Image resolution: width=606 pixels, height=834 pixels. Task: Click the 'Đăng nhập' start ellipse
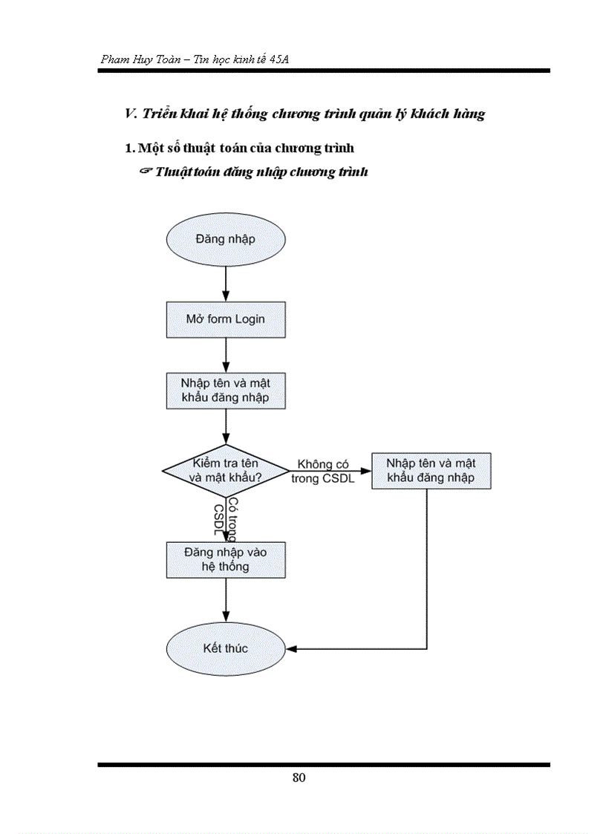tap(225, 239)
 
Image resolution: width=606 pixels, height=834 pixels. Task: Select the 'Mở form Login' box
tap(225, 319)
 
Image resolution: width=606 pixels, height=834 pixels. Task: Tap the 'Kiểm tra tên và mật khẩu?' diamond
tap(225, 470)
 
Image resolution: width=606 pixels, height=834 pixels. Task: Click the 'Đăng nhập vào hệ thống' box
tap(225, 559)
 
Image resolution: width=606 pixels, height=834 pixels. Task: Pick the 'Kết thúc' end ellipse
tap(225, 648)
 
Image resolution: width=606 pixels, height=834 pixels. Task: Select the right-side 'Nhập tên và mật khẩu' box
tap(431, 470)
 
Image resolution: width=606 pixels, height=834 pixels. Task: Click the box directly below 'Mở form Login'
tap(225, 390)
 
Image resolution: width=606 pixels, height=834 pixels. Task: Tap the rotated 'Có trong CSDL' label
tap(225, 517)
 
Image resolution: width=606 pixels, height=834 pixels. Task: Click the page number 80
tap(299, 778)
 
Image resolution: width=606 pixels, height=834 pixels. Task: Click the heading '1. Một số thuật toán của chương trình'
tap(239, 148)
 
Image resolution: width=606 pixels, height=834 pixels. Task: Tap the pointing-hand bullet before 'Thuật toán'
tap(146, 172)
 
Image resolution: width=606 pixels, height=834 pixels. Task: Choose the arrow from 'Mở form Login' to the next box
tap(225, 354)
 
